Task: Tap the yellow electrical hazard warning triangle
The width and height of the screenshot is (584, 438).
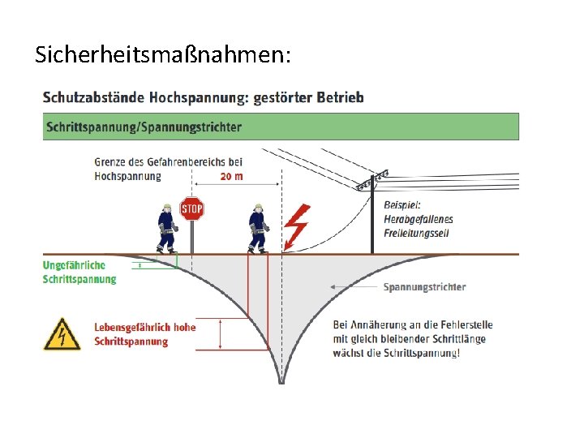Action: (x=62, y=334)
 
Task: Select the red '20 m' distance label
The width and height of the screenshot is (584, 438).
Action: (x=232, y=176)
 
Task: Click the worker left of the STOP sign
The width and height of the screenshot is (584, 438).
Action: (x=167, y=228)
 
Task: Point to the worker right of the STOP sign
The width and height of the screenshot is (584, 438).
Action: (x=258, y=228)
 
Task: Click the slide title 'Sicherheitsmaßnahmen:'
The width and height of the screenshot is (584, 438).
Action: (x=161, y=54)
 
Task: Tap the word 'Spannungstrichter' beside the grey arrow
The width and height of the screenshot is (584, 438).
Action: (x=424, y=287)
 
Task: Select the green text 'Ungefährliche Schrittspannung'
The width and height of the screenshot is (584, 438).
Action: (x=79, y=273)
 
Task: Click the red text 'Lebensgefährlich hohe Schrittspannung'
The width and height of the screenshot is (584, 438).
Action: (x=144, y=334)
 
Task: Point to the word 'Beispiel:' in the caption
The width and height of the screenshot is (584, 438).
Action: (x=403, y=205)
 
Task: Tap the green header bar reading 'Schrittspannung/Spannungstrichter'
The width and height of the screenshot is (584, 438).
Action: (x=281, y=127)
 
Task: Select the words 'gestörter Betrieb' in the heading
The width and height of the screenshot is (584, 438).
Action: (x=308, y=97)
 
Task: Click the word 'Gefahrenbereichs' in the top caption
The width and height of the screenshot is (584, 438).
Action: (x=180, y=162)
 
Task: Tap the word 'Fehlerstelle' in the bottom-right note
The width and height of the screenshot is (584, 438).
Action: (x=465, y=325)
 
